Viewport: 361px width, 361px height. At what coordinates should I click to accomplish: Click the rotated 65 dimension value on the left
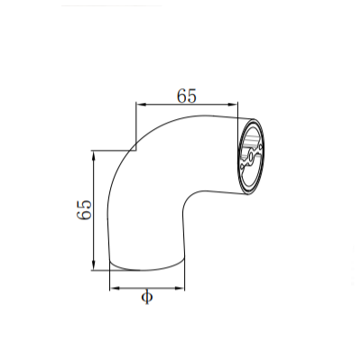coord(84,210)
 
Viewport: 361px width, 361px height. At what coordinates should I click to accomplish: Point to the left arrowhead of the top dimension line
coord(138,105)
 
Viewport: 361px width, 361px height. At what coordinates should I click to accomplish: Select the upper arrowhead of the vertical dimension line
coord(94,154)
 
